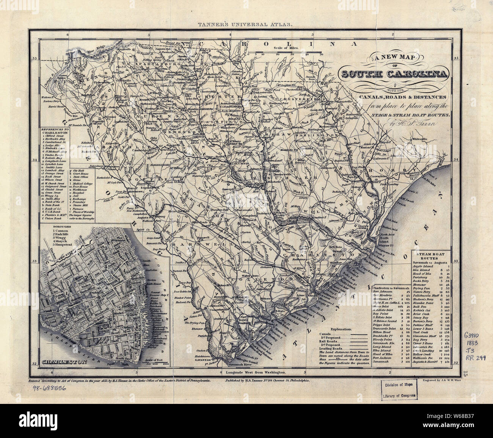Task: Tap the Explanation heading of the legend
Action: (341, 330)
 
